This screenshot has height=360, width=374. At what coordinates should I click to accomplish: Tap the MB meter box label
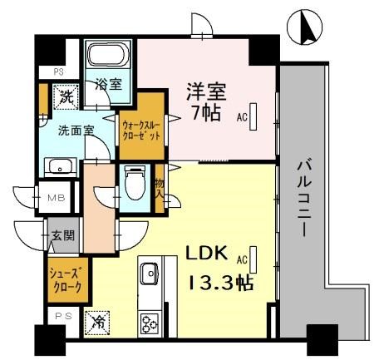(x=56, y=198)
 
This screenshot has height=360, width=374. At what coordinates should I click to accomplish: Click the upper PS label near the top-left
(x=58, y=72)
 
